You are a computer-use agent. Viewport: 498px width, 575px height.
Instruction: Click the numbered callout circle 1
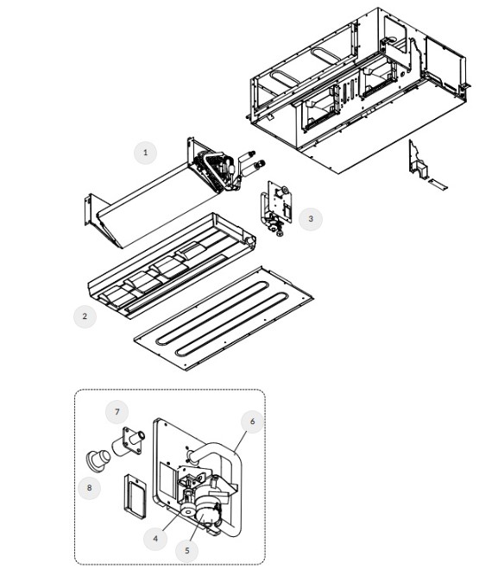[145, 153]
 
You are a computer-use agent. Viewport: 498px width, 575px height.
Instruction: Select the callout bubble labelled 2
[85, 316]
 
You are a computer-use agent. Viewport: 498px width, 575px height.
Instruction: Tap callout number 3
[311, 219]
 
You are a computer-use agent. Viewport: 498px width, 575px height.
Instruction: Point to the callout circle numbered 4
[155, 538]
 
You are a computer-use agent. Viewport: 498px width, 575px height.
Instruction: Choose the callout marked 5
[187, 550]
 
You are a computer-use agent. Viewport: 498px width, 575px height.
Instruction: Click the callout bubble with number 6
[252, 422]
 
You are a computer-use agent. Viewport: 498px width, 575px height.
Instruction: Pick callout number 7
[117, 412]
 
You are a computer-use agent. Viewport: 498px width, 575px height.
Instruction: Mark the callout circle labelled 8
[89, 488]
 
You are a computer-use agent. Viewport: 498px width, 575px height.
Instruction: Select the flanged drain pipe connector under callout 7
[129, 441]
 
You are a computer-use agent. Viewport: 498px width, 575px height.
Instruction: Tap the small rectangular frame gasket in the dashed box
[135, 497]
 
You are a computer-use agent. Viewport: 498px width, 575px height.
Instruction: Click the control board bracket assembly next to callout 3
[276, 208]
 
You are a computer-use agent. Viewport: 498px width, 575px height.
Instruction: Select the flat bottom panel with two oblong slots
[224, 318]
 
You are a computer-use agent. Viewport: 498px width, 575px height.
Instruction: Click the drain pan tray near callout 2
[172, 266]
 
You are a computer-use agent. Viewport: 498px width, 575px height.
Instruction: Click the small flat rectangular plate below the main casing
[438, 184]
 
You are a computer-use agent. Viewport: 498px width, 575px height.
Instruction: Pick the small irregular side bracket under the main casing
[417, 160]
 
